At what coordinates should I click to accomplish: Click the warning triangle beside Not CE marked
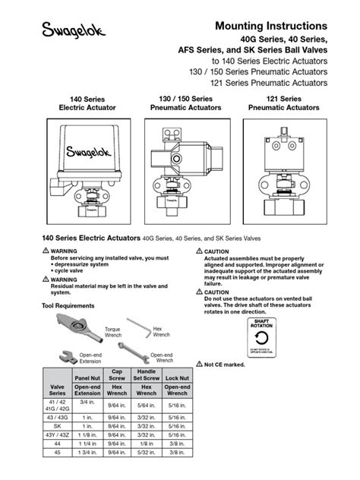tap(199, 365)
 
